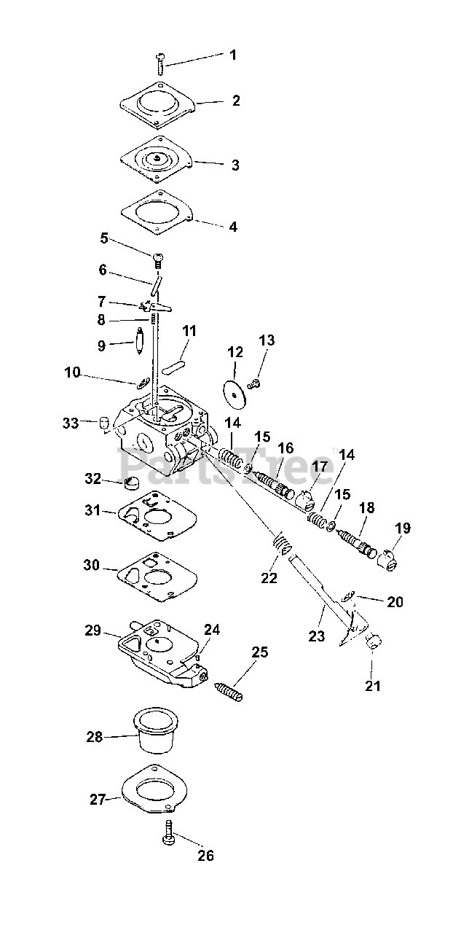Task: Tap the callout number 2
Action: click(x=236, y=101)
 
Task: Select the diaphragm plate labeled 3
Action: click(x=157, y=160)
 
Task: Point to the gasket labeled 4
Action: click(x=157, y=214)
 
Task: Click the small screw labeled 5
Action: click(x=158, y=260)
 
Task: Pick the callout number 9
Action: click(x=101, y=346)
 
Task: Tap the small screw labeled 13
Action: click(x=252, y=383)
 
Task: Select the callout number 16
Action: click(x=285, y=448)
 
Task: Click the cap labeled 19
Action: click(x=387, y=560)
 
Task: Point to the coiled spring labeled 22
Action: click(x=283, y=543)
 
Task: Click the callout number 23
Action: click(x=316, y=636)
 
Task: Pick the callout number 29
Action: click(x=92, y=631)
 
